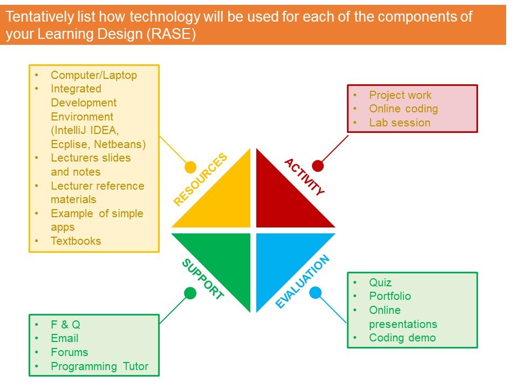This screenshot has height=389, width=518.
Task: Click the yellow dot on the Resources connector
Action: coord(190,167)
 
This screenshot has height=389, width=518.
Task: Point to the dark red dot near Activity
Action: coord(318,165)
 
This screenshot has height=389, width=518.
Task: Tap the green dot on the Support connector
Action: coord(190,293)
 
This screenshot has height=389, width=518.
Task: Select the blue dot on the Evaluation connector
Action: coord(316,293)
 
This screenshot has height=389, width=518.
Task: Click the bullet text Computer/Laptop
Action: coord(94,75)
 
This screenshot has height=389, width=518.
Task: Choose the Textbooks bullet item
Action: coord(76,241)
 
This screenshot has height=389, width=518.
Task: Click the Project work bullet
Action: coord(400,95)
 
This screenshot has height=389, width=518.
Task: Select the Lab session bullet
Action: coord(399,123)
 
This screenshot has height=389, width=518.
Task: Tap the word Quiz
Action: coord(380,283)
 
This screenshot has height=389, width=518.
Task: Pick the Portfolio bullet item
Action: coord(390,296)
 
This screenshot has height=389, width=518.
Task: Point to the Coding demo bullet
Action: coord(402,338)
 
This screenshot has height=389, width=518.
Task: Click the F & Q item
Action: coord(65,325)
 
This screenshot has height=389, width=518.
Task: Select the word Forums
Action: coord(69,352)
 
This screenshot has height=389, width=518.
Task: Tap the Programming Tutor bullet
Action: coord(99,366)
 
